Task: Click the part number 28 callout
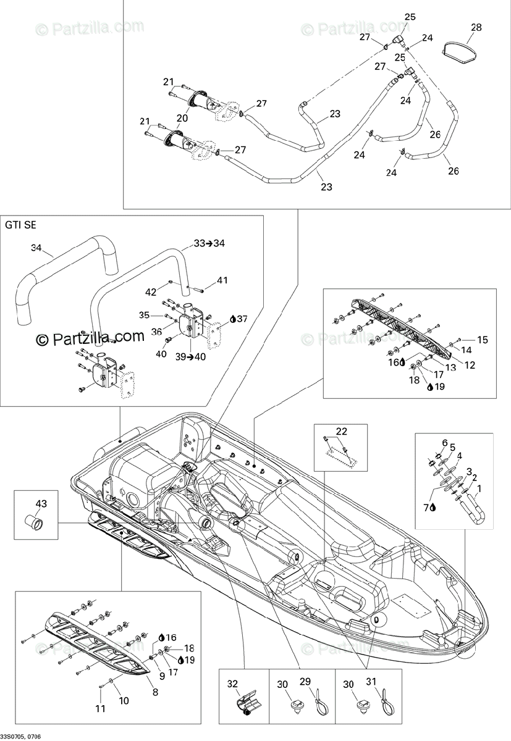(x=476, y=27)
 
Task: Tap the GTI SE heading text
(x=20, y=225)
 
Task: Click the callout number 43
(x=41, y=504)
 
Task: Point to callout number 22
(x=341, y=431)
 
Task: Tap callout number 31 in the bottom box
(x=371, y=684)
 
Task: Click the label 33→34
(x=208, y=243)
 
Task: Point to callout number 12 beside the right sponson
(x=470, y=365)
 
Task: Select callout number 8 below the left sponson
(x=155, y=693)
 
